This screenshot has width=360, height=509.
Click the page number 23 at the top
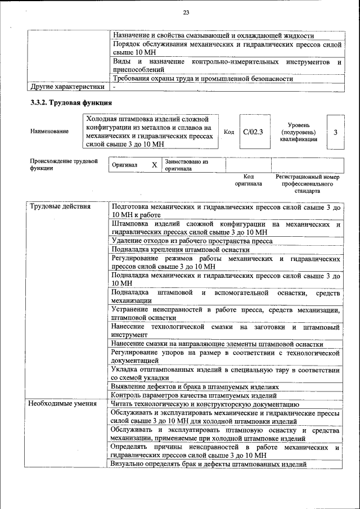point(186,13)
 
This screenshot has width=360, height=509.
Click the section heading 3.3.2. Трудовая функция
point(71,103)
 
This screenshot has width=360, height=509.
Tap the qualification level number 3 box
point(335,132)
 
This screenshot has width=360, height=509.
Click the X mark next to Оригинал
point(154,165)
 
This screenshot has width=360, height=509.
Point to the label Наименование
point(50,132)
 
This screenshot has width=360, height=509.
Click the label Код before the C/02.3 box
point(229,132)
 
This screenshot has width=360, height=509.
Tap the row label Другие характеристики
point(67,87)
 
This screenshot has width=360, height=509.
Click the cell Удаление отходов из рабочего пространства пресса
point(192,241)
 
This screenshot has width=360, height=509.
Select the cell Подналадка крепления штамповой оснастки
point(180,250)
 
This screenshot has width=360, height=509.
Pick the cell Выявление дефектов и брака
point(195,388)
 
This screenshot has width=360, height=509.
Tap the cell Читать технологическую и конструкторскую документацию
point(201,404)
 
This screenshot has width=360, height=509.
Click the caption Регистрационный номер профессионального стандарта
point(308,183)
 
